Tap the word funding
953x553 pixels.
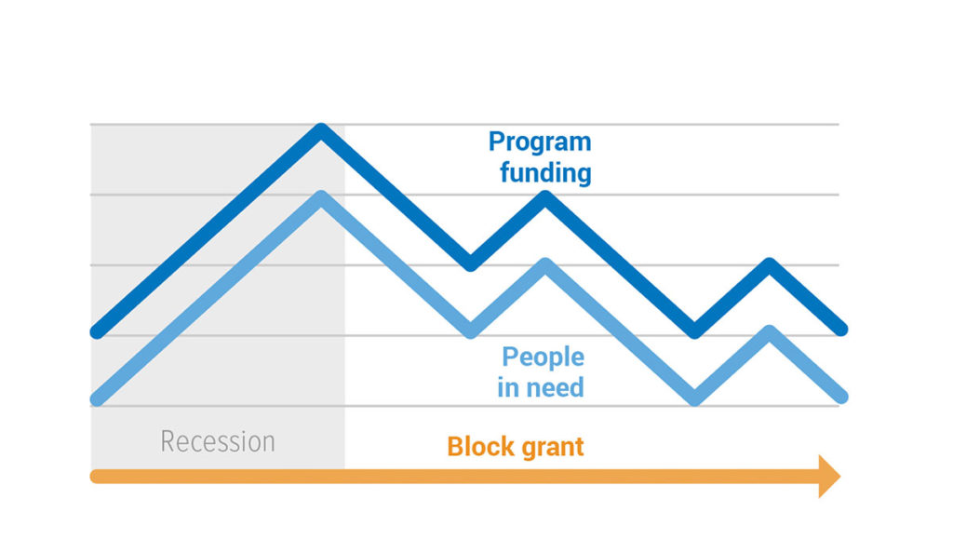[x=545, y=172]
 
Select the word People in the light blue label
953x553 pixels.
[x=543, y=357]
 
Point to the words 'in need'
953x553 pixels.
[x=541, y=387]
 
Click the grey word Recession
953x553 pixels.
[x=218, y=442]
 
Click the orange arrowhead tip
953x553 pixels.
[x=840, y=477]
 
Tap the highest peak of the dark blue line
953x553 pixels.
[x=321, y=129]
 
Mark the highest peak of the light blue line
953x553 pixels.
[x=321, y=197]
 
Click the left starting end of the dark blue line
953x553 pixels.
[x=97, y=332]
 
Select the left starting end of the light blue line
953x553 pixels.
[x=97, y=399]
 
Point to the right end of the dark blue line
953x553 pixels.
[x=841, y=330]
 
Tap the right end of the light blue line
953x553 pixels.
[x=841, y=397]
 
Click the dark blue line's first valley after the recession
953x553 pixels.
[x=470, y=264]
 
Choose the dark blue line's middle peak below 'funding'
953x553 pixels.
[x=545, y=196]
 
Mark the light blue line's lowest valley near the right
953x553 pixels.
[x=694, y=398]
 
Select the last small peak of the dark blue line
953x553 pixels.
[x=770, y=264]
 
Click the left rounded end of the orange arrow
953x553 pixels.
[x=94, y=477]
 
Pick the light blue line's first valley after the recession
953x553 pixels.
[x=470, y=331]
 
